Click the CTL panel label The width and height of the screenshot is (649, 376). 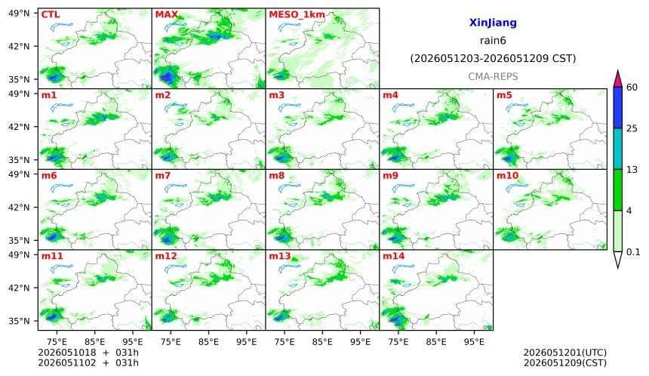click(x=51, y=15)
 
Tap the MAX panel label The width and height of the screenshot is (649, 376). click(x=166, y=15)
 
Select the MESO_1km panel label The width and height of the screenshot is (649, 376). click(x=297, y=15)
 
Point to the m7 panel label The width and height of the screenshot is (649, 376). click(x=163, y=176)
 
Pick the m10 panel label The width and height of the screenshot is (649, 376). click(x=507, y=176)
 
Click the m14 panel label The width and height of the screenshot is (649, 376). click(x=394, y=256)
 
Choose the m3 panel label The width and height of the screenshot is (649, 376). click(x=276, y=95)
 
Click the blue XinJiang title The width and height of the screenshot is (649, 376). click(x=493, y=23)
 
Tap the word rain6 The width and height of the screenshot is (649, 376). click(x=493, y=41)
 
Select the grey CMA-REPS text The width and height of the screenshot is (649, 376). click(x=493, y=76)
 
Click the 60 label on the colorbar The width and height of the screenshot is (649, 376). click(x=632, y=88)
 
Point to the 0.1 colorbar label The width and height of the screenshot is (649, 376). click(x=633, y=251)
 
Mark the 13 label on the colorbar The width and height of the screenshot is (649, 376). click(x=632, y=170)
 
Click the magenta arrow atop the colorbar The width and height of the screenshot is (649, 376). click(x=617, y=79)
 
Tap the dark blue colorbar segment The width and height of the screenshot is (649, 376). click(x=617, y=108)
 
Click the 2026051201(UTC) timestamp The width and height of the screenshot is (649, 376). click(x=565, y=353)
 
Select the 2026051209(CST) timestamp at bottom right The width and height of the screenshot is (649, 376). click(x=565, y=363)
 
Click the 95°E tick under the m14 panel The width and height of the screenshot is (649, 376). click(x=474, y=342)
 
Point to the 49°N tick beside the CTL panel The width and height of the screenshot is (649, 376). click(x=19, y=14)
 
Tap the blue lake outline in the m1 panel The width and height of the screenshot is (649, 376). click(x=61, y=108)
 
